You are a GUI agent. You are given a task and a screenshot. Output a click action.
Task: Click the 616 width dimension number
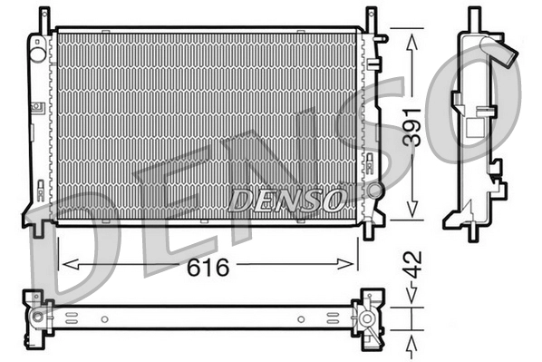point(208,268)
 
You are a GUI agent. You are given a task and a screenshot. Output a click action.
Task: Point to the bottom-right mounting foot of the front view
point(369,229)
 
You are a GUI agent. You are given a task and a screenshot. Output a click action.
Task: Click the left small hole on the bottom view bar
point(104,318)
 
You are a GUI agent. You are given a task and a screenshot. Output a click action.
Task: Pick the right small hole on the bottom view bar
point(301,318)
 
